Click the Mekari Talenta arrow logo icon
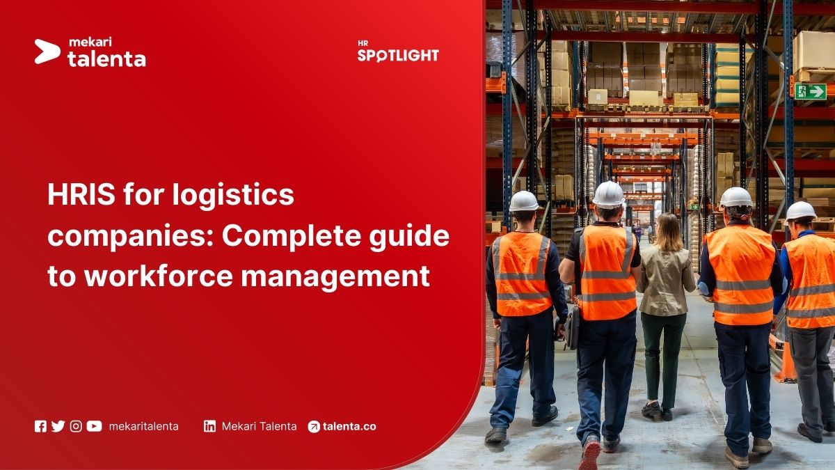pyautogui.click(x=47, y=52)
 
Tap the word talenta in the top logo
pyautogui.click(x=106, y=59)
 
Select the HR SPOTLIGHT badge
pyautogui.click(x=398, y=52)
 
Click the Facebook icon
pyautogui.click(x=40, y=426)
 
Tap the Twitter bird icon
pyautogui.click(x=58, y=426)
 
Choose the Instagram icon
pyautogui.click(x=76, y=426)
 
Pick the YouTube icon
pyautogui.click(x=94, y=426)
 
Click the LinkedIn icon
pyautogui.click(x=209, y=426)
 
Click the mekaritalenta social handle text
pyautogui.click(x=143, y=426)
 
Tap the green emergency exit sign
pyautogui.click(x=810, y=91)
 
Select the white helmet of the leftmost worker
pyautogui.click(x=524, y=201)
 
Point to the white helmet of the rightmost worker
pyautogui.click(x=800, y=211)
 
